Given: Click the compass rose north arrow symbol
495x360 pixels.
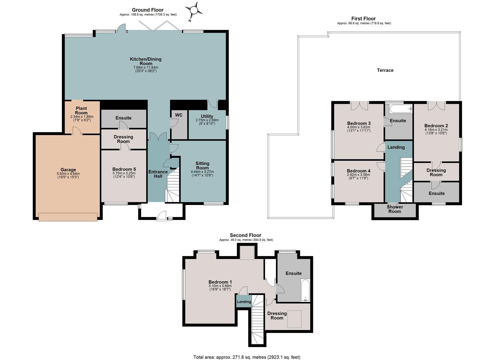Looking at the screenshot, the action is (194, 11).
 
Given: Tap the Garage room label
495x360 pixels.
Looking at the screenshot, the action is (68, 170).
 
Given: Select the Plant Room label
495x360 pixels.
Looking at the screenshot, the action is (81, 110).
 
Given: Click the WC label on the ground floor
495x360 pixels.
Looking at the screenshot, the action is (179, 115).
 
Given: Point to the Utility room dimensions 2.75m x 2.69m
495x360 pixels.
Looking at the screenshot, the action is (207, 120).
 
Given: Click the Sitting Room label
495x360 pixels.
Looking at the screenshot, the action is (202, 166).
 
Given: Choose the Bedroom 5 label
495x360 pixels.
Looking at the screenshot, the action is (124, 169).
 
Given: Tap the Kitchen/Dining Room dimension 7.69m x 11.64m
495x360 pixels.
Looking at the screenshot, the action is (146, 67).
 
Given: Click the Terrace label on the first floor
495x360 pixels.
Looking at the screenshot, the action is (385, 70).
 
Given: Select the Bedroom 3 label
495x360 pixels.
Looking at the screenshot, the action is (359, 123).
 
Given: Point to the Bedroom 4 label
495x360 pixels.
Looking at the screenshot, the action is (359, 171).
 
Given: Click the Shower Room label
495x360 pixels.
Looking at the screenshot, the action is (395, 209).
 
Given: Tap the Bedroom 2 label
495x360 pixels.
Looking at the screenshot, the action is (436, 126).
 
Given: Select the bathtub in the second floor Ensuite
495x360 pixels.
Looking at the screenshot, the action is (305, 290).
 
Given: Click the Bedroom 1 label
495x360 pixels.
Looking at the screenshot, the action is (220, 282).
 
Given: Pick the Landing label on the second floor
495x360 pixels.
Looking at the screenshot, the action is (244, 302).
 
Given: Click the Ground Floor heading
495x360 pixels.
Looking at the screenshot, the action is (148, 10).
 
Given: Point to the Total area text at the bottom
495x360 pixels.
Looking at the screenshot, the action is (247, 351).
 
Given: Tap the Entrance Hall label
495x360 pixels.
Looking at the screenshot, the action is (158, 174).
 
